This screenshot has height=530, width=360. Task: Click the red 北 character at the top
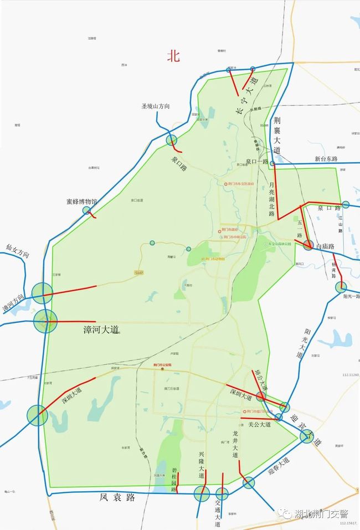(174, 56)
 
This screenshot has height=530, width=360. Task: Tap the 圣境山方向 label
(156, 106)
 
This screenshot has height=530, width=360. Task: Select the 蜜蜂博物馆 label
(81, 202)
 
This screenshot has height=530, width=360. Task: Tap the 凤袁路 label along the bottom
(118, 497)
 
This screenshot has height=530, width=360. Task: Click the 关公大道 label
(259, 425)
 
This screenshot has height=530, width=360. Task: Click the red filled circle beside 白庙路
(308, 244)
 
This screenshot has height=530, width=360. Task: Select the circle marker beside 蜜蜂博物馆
(86, 210)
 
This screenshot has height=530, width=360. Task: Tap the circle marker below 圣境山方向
(172, 140)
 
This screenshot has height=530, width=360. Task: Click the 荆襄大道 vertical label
(277, 135)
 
